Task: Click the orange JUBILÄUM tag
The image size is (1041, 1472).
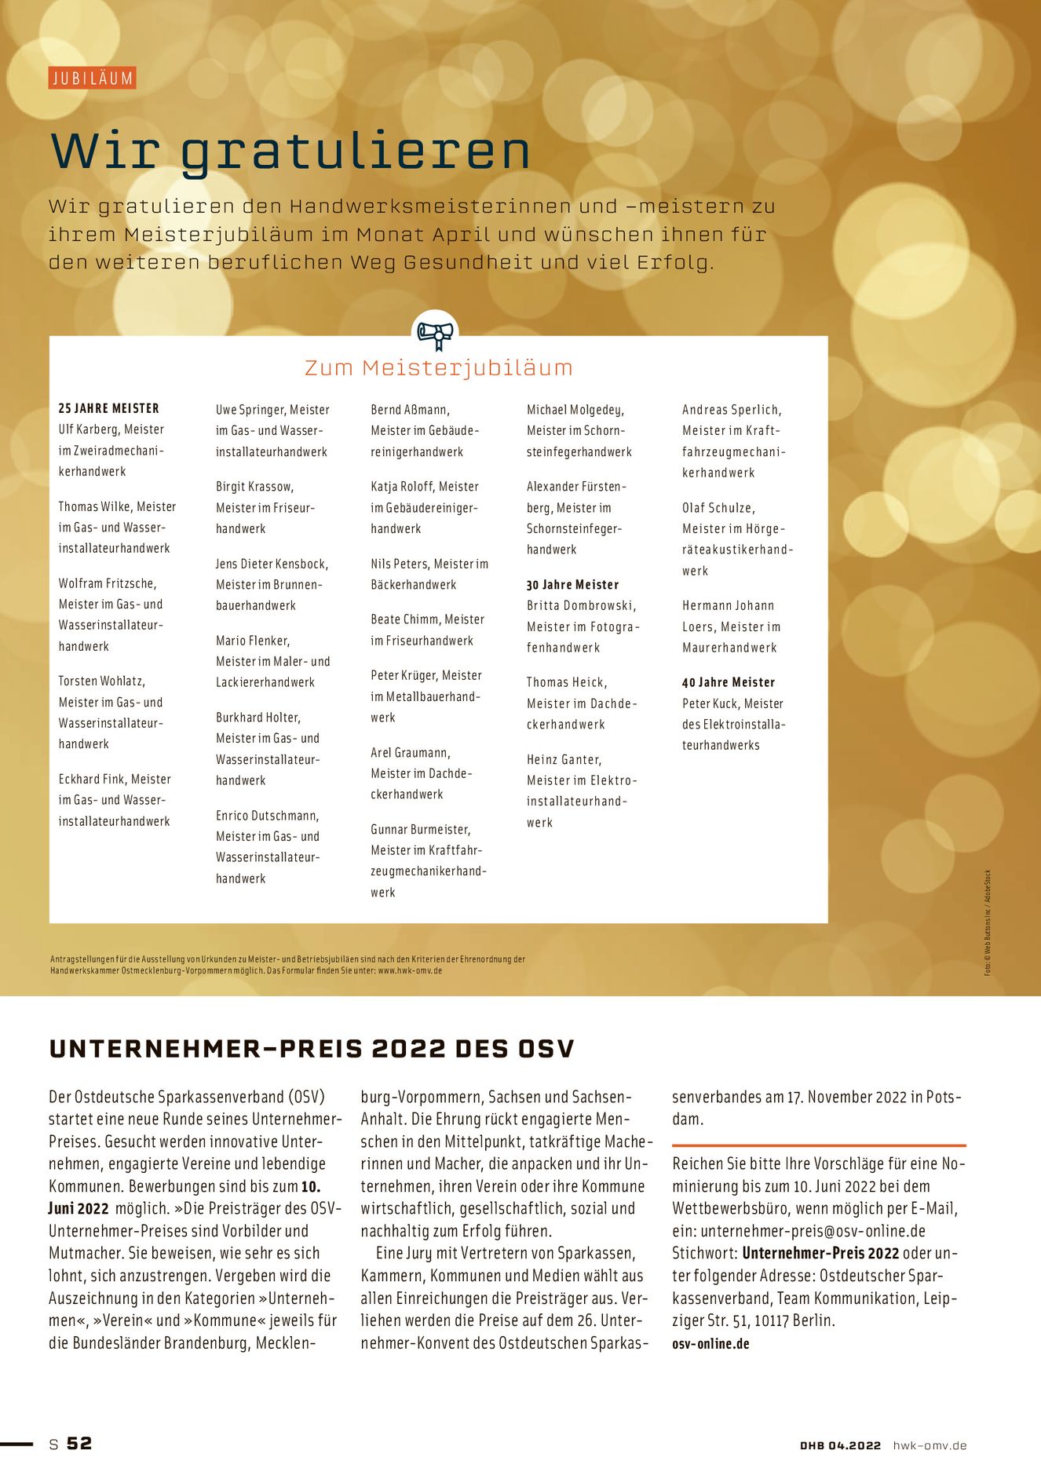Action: point(92,78)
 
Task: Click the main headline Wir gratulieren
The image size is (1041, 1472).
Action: point(290,151)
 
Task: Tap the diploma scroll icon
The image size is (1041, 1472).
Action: point(435,333)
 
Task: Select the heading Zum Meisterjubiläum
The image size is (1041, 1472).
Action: point(438,367)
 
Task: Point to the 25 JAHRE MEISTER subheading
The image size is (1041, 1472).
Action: point(108,408)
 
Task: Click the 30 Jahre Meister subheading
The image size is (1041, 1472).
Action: point(572,585)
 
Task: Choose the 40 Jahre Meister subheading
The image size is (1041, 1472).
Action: point(728,682)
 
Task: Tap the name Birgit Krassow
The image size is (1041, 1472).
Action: point(254,487)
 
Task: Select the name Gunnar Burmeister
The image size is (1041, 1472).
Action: point(420,829)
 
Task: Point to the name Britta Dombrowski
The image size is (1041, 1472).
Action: point(580,605)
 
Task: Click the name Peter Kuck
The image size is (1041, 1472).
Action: point(710,703)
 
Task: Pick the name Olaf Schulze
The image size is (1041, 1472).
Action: point(718,508)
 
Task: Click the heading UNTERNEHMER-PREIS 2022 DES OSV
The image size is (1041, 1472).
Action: point(312,1049)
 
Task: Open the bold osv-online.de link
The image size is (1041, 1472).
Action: point(710,1343)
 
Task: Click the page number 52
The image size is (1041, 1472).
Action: point(79,1443)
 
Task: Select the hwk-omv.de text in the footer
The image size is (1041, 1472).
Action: point(930,1445)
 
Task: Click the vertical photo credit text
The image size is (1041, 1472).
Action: point(988,922)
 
